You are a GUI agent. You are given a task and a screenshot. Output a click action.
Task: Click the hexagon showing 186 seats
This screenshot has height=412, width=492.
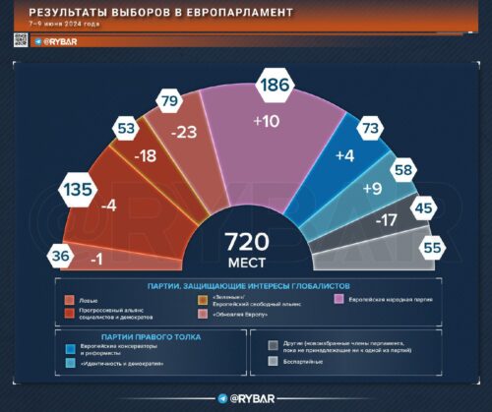(275, 86)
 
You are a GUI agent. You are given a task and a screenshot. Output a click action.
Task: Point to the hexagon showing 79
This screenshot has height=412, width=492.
(169, 101)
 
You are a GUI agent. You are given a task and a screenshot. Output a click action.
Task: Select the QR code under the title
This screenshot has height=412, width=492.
(20, 39)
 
